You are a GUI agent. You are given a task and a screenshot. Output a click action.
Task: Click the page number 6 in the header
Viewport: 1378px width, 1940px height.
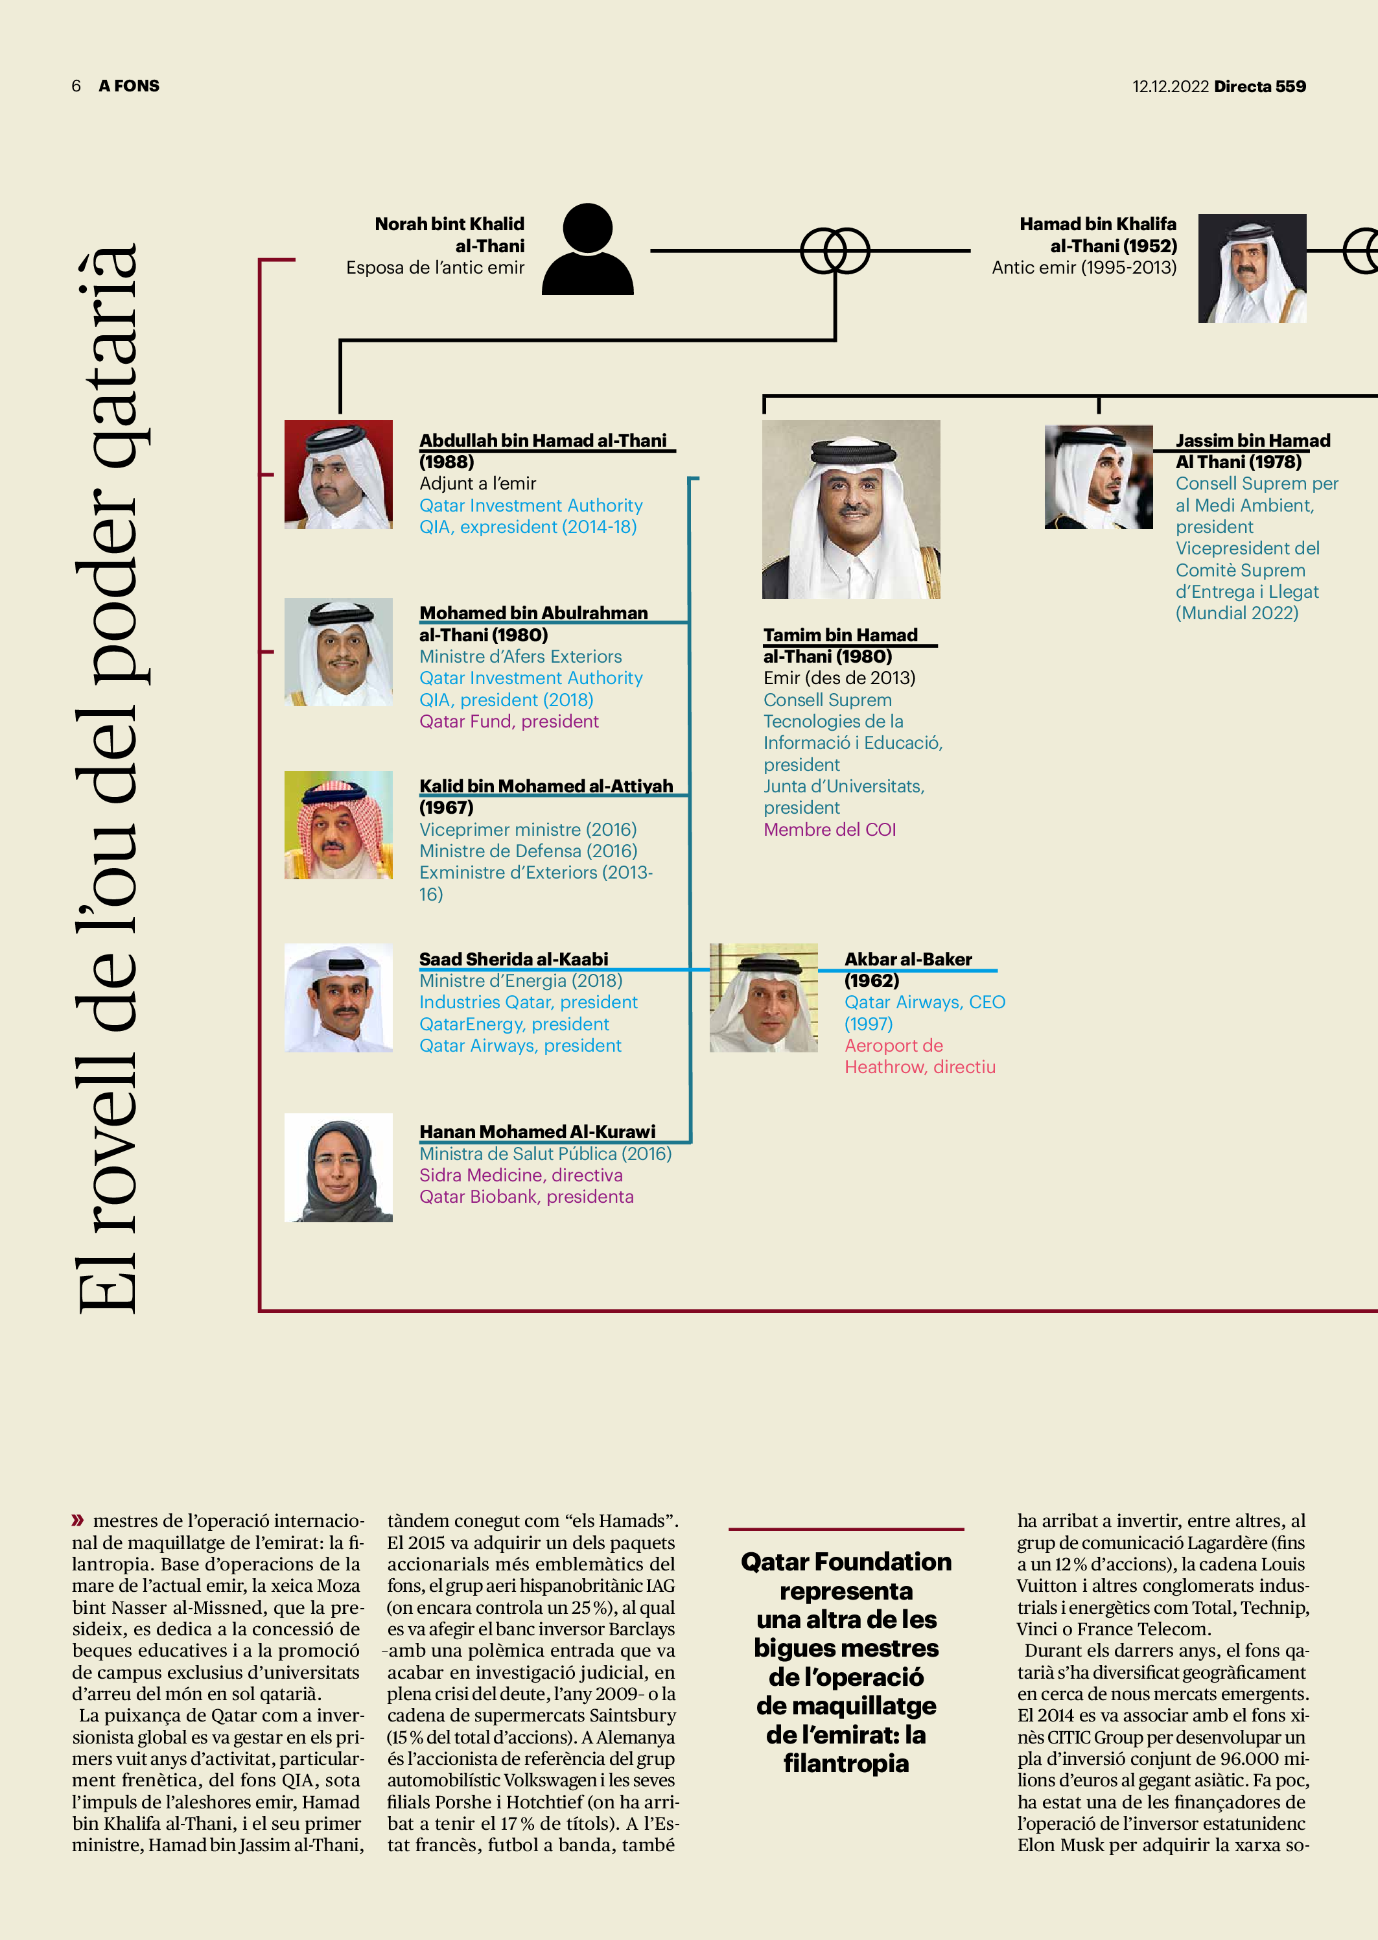click(76, 86)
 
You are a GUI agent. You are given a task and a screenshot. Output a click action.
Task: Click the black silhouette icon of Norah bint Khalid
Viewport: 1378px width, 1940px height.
click(588, 250)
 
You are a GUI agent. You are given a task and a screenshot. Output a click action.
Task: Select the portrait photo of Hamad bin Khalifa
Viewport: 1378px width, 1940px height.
click(1252, 268)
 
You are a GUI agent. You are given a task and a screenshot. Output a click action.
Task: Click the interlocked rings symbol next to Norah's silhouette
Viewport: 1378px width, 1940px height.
click(835, 251)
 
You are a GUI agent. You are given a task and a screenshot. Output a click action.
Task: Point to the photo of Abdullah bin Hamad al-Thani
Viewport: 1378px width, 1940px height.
click(338, 475)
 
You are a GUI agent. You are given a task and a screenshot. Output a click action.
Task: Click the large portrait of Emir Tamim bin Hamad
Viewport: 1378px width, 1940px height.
click(850, 509)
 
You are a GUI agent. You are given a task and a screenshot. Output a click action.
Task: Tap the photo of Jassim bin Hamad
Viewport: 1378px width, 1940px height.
click(1098, 477)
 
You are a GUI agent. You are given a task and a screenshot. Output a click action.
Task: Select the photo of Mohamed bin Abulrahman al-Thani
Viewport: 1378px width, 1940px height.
click(338, 652)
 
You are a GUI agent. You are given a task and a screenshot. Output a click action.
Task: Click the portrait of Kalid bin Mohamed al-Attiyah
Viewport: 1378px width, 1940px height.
click(338, 825)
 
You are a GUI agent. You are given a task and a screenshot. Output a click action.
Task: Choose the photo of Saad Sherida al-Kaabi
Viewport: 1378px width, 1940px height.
click(338, 998)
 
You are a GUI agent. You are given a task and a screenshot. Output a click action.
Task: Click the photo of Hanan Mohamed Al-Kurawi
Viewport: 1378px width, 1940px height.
click(338, 1168)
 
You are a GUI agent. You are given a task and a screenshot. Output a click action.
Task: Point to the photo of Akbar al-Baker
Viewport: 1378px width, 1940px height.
click(764, 998)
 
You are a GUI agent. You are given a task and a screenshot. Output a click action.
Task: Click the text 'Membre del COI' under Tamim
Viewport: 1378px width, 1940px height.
click(829, 830)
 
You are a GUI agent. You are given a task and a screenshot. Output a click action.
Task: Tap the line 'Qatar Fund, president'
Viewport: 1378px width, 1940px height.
click(508, 722)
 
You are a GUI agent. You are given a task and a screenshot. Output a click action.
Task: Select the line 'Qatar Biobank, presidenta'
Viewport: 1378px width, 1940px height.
click(526, 1196)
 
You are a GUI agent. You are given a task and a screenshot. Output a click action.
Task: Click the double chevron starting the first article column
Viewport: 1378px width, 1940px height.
click(78, 1520)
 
